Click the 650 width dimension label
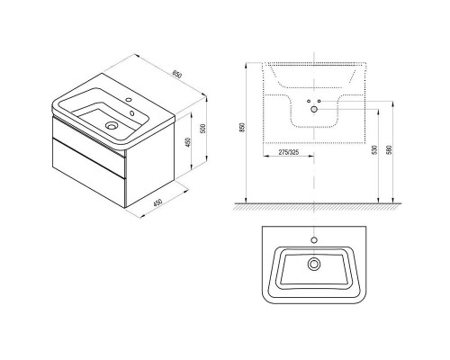click(x=177, y=75)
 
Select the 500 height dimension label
click(x=202, y=129)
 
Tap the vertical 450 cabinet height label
click(x=187, y=142)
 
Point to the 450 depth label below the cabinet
click(x=157, y=202)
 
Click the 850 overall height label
click(x=243, y=128)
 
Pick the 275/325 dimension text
click(x=289, y=152)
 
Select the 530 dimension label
click(x=373, y=150)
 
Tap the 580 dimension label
click(x=390, y=150)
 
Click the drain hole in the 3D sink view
click(x=112, y=125)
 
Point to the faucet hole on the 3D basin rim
click(x=130, y=100)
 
